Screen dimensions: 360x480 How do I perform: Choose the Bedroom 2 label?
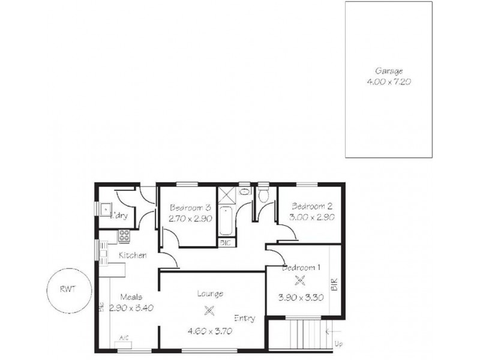click(x=308, y=206)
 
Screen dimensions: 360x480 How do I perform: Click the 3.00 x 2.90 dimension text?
click(x=308, y=218)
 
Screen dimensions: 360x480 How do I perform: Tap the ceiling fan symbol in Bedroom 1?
click(x=300, y=280)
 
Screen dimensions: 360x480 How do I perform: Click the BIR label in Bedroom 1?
click(x=335, y=284)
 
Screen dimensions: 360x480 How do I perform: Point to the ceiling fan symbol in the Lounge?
click(x=209, y=310)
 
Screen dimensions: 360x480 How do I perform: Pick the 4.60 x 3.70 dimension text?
click(x=209, y=329)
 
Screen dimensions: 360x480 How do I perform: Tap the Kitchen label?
click(x=133, y=256)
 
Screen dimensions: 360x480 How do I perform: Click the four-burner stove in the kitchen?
click(x=125, y=236)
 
